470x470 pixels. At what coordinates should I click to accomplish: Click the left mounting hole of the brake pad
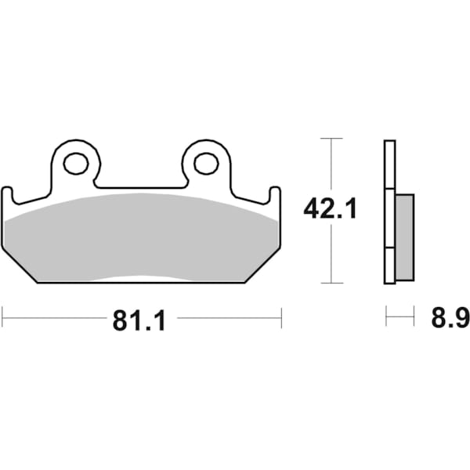point(76,164)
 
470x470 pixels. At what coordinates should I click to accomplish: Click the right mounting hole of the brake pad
point(206,164)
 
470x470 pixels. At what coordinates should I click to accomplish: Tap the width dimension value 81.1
point(141,319)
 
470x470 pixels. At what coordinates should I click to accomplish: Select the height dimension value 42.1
point(330,209)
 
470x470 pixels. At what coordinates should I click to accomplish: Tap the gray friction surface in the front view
point(141,235)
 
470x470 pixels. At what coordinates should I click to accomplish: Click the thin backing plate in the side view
point(389,211)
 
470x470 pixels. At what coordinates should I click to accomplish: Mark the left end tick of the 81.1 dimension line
point(2,317)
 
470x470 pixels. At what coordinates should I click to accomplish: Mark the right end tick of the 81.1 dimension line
point(280,317)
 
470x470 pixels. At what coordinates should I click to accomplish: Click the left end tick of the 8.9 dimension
point(386,317)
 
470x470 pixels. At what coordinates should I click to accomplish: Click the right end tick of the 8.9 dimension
point(413,317)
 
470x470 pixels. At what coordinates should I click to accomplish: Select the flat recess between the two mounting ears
point(141,186)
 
